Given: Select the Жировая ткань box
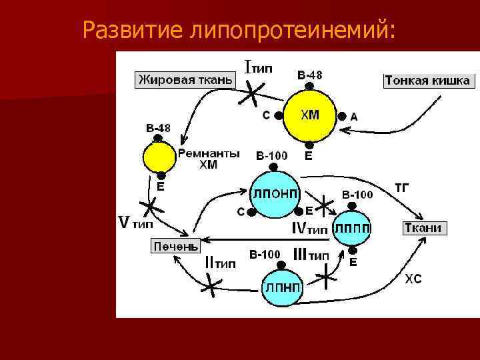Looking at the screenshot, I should pyautogui.click(x=185, y=81).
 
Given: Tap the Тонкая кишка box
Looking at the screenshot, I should pyautogui.click(x=427, y=81).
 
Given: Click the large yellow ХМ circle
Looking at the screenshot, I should pyautogui.click(x=309, y=115).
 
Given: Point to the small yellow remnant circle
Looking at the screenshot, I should pyautogui.click(x=159, y=159).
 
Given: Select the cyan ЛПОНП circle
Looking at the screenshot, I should pyautogui.click(x=275, y=192).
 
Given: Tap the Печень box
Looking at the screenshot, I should pyautogui.click(x=175, y=246).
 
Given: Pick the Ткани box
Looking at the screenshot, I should pyautogui.click(x=424, y=228).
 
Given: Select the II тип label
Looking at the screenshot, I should pyautogui.click(x=219, y=262).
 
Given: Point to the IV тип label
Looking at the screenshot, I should pyautogui.click(x=310, y=229).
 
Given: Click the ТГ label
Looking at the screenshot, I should pyautogui.click(x=402, y=187).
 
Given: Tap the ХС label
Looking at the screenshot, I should pyautogui.click(x=413, y=279).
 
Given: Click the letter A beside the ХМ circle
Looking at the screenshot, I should pyautogui.click(x=354, y=117).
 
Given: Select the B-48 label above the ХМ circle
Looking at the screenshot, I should pyautogui.click(x=309, y=75).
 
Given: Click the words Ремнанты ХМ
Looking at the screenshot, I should pyautogui.click(x=208, y=159).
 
